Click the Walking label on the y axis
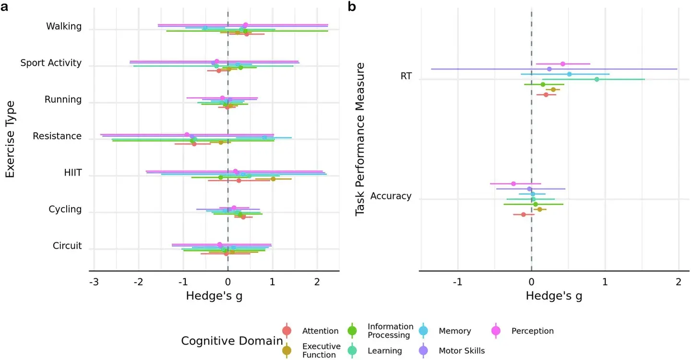(x=64, y=26)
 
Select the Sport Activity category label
(x=51, y=63)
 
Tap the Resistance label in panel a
(x=57, y=136)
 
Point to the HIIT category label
(x=72, y=173)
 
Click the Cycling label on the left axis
(x=65, y=210)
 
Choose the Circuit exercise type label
(x=67, y=246)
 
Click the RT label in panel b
(x=406, y=76)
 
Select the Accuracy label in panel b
(x=391, y=196)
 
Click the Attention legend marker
(x=287, y=331)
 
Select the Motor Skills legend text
(x=462, y=351)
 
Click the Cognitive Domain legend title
(x=232, y=341)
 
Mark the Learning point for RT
(x=596, y=79)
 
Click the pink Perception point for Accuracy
(x=513, y=183)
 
